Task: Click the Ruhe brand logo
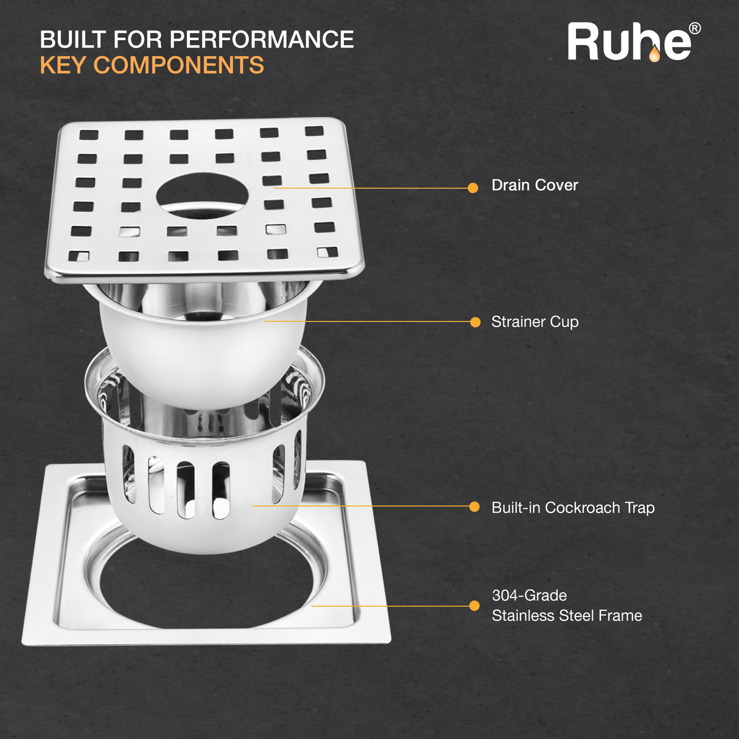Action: pyautogui.click(x=634, y=41)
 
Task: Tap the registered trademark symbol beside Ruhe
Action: pyautogui.click(x=695, y=29)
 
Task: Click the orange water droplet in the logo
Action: pyautogui.click(x=654, y=54)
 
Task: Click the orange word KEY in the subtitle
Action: pyautogui.click(x=63, y=65)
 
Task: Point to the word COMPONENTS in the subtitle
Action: pyautogui.click(x=179, y=65)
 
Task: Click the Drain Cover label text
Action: pyautogui.click(x=534, y=185)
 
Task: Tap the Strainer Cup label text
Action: pyautogui.click(x=535, y=322)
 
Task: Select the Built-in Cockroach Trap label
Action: pyautogui.click(x=573, y=508)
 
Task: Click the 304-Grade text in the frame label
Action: pyautogui.click(x=529, y=595)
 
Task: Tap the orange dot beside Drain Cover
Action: pyautogui.click(x=473, y=188)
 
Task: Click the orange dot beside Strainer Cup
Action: pyautogui.click(x=475, y=322)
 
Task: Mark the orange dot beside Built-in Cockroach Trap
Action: pyautogui.click(x=474, y=507)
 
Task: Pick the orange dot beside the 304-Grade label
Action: pyautogui.click(x=474, y=606)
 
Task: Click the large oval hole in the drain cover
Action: pyautogui.click(x=202, y=195)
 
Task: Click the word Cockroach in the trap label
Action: pyautogui.click(x=583, y=508)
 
